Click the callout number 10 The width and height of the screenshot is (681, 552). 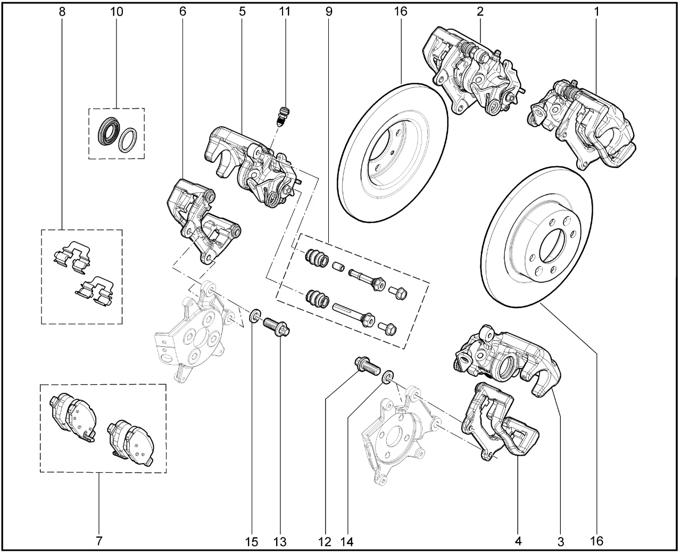click(116, 11)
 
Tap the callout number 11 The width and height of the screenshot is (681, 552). click(285, 11)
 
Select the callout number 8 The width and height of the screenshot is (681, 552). click(63, 11)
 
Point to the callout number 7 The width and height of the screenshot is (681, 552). click(99, 541)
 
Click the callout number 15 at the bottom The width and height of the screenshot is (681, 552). click(252, 541)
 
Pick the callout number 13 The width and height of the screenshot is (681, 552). click(280, 541)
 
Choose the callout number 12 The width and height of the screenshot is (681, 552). click(325, 541)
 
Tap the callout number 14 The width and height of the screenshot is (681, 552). click(347, 541)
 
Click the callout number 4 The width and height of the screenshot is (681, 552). click(518, 541)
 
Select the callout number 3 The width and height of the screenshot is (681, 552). click(560, 541)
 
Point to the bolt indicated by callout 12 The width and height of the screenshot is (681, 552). click(367, 366)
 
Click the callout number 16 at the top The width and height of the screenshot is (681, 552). click(401, 11)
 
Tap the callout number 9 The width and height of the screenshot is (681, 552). click(328, 11)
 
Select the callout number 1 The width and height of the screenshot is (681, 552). click(596, 11)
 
